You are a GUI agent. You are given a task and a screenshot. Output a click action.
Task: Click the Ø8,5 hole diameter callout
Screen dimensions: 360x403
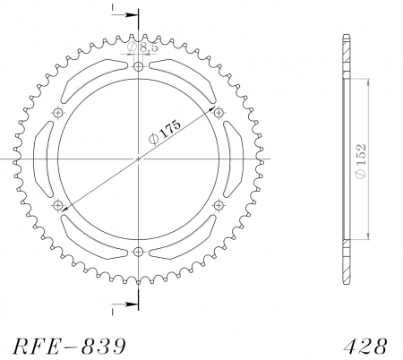click(x=144, y=47)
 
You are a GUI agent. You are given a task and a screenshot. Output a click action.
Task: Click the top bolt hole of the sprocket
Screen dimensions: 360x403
click(x=138, y=67)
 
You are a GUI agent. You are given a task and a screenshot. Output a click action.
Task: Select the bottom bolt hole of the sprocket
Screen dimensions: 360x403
click(x=138, y=252)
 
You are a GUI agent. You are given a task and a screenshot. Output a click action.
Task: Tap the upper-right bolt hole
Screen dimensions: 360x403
click(x=219, y=113)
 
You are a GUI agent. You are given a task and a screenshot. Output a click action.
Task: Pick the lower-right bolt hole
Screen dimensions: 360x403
click(x=219, y=206)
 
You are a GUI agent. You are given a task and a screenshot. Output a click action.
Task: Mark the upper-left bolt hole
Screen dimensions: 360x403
click(x=59, y=113)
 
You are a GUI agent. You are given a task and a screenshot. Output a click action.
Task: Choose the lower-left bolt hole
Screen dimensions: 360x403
click(x=59, y=206)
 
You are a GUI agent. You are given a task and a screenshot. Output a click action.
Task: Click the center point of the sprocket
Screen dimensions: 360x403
click(x=138, y=159)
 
